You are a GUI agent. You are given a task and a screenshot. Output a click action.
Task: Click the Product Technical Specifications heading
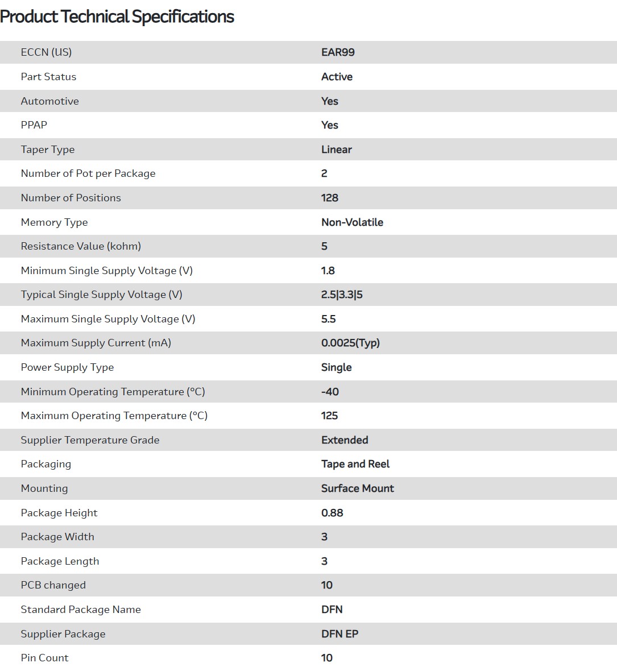coord(117,17)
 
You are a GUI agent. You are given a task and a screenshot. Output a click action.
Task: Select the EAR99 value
coord(338,52)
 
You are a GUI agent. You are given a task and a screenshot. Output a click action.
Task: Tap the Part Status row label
coord(48,77)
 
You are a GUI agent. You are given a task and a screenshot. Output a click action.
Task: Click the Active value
coord(337,77)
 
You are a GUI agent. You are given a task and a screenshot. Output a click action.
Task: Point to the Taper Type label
coord(48,150)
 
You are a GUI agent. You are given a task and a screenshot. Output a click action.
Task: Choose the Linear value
coord(336,150)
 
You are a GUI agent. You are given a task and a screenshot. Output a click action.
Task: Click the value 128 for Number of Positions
coord(329,198)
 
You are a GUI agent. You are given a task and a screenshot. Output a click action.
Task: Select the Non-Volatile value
coord(352,222)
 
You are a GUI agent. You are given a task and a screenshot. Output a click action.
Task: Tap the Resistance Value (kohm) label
coord(81,246)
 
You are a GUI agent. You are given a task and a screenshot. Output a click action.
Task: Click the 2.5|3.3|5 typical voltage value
coord(342,295)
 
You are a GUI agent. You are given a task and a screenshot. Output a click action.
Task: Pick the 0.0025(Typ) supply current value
coord(350,343)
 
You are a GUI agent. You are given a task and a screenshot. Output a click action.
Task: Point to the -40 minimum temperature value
coord(330,392)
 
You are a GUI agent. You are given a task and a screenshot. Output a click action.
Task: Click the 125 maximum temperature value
coord(329,416)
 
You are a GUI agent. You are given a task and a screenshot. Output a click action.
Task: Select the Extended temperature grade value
coord(345,440)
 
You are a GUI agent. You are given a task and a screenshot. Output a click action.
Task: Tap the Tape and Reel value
coord(355,464)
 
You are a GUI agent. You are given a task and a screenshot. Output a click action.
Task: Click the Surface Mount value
coord(357,488)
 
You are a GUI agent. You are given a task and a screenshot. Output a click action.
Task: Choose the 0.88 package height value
coord(332,513)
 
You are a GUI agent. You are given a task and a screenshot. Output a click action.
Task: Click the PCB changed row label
coord(53,585)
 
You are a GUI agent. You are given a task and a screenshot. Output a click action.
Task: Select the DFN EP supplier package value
coord(339,634)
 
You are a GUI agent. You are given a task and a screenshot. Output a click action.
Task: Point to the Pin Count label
coord(44,658)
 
